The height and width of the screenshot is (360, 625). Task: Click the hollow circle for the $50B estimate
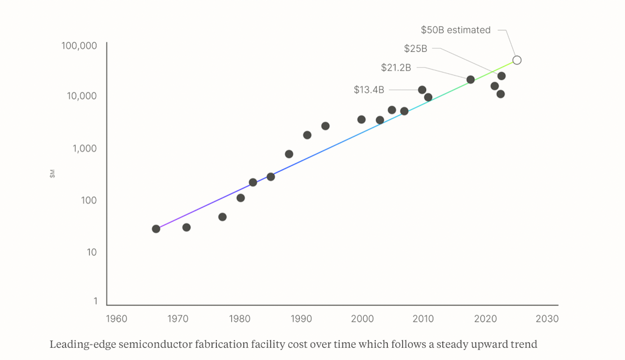pyautogui.click(x=517, y=60)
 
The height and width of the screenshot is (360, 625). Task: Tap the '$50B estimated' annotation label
pyautogui.click(x=455, y=30)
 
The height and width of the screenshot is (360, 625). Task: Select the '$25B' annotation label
pyautogui.click(x=415, y=49)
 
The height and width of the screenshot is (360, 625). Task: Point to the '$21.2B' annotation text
pyautogui.click(x=396, y=68)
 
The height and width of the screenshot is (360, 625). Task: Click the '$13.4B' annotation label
pyautogui.click(x=369, y=90)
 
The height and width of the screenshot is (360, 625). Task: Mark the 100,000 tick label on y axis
pyautogui.click(x=79, y=46)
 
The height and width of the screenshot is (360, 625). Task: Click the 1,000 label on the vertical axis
pyautogui.click(x=85, y=148)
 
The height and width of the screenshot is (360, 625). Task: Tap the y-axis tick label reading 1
pyautogui.click(x=95, y=301)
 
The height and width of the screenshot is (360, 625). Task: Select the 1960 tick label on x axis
pyautogui.click(x=117, y=319)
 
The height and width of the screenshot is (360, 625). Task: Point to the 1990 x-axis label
pyautogui.click(x=301, y=319)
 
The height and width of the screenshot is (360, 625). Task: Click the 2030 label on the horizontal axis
pyautogui.click(x=547, y=319)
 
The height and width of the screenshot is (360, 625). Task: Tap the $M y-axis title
pyautogui.click(x=52, y=175)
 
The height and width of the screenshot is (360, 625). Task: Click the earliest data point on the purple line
pyautogui.click(x=156, y=229)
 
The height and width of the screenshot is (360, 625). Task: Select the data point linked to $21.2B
pyautogui.click(x=471, y=79)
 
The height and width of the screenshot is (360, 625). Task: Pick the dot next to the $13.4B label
pyautogui.click(x=422, y=90)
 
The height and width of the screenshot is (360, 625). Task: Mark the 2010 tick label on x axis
pyautogui.click(x=424, y=319)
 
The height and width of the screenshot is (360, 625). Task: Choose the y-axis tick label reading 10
pyautogui.click(x=92, y=253)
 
